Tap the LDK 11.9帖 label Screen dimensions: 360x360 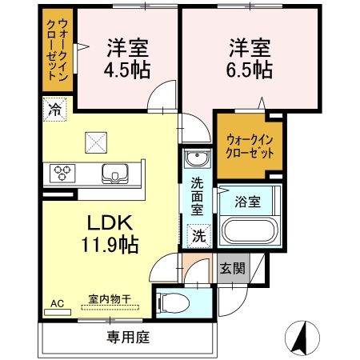coord(110,233)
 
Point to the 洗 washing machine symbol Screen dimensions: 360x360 coord(197,235)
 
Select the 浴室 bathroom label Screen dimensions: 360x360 coord(247,202)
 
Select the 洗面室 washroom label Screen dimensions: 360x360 coord(197,196)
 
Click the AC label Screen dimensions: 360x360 coord(57,304)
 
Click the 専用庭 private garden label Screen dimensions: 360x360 coord(128,338)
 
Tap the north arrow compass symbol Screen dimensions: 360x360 coord(301,337)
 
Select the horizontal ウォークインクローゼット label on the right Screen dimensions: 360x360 coord(249,146)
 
